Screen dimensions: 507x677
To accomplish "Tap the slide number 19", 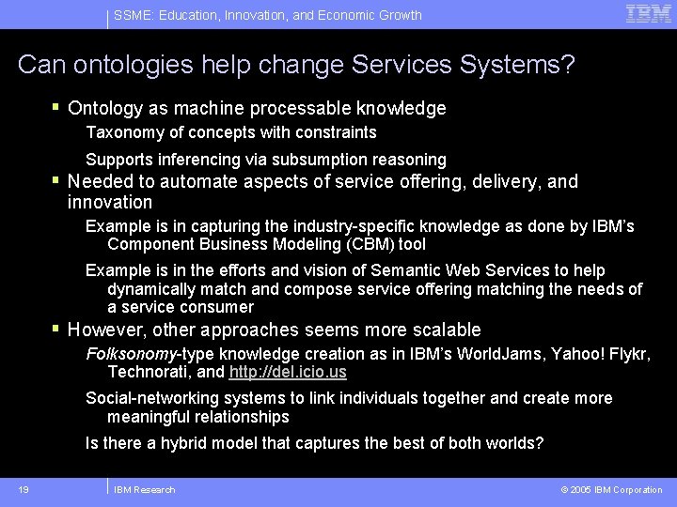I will coord(23,489).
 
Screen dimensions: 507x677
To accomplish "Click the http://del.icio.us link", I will coord(288,372).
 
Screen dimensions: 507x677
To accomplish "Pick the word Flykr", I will coord(628,354).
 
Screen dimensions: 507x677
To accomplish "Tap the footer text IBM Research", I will coord(144,489).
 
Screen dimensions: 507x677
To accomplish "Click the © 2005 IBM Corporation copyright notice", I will coord(611,489).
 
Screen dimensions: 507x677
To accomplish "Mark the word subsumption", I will coord(320,160).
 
